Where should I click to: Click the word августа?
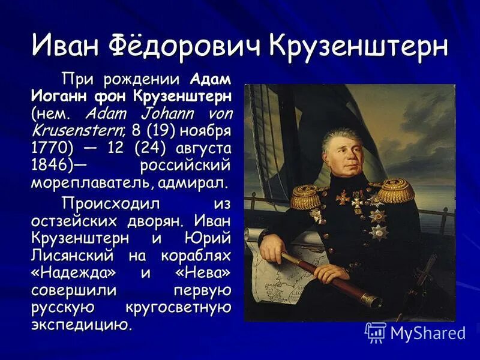[x=201, y=147]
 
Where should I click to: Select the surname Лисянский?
[x=73, y=256]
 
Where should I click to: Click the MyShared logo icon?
[x=376, y=332]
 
